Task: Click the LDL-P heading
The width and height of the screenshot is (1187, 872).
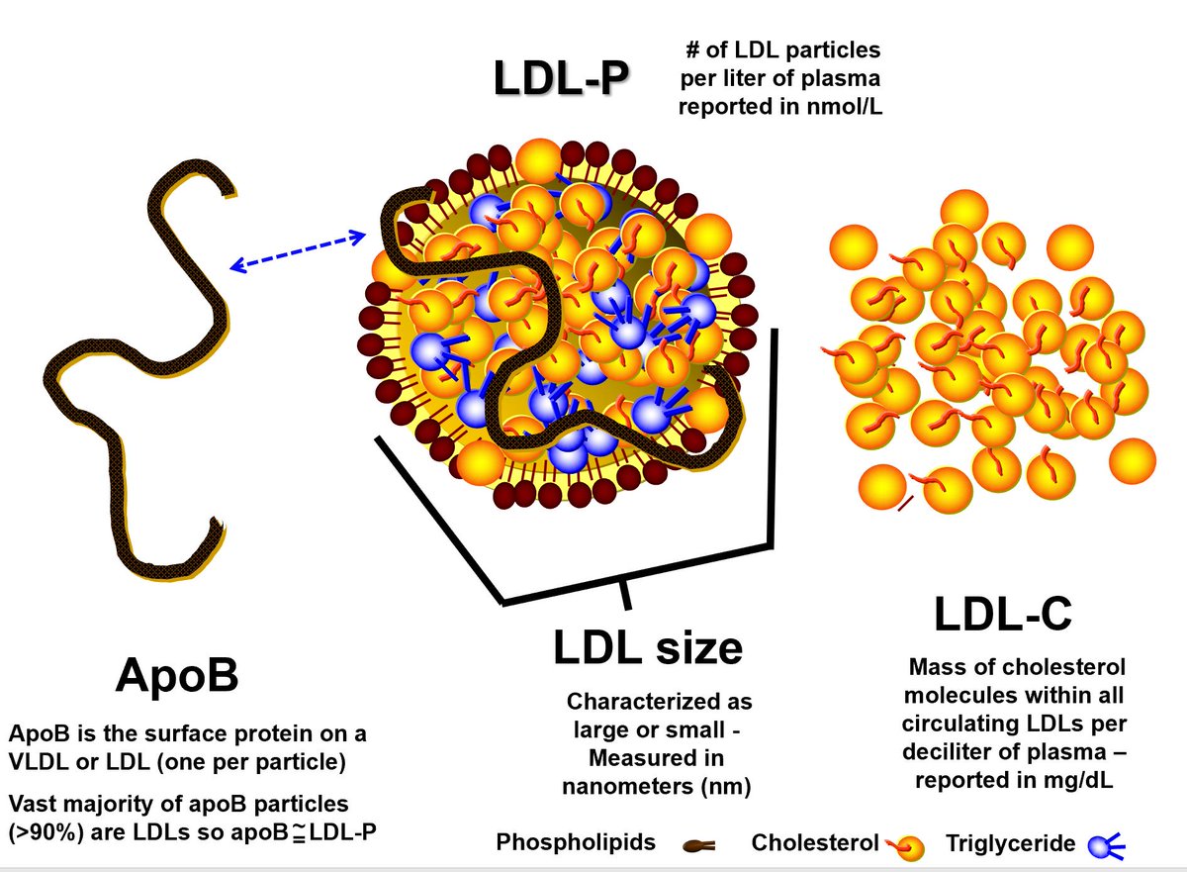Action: point(562,80)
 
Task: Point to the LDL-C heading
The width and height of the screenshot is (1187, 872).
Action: point(1003,615)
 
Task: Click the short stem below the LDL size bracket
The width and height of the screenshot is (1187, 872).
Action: point(623,595)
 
